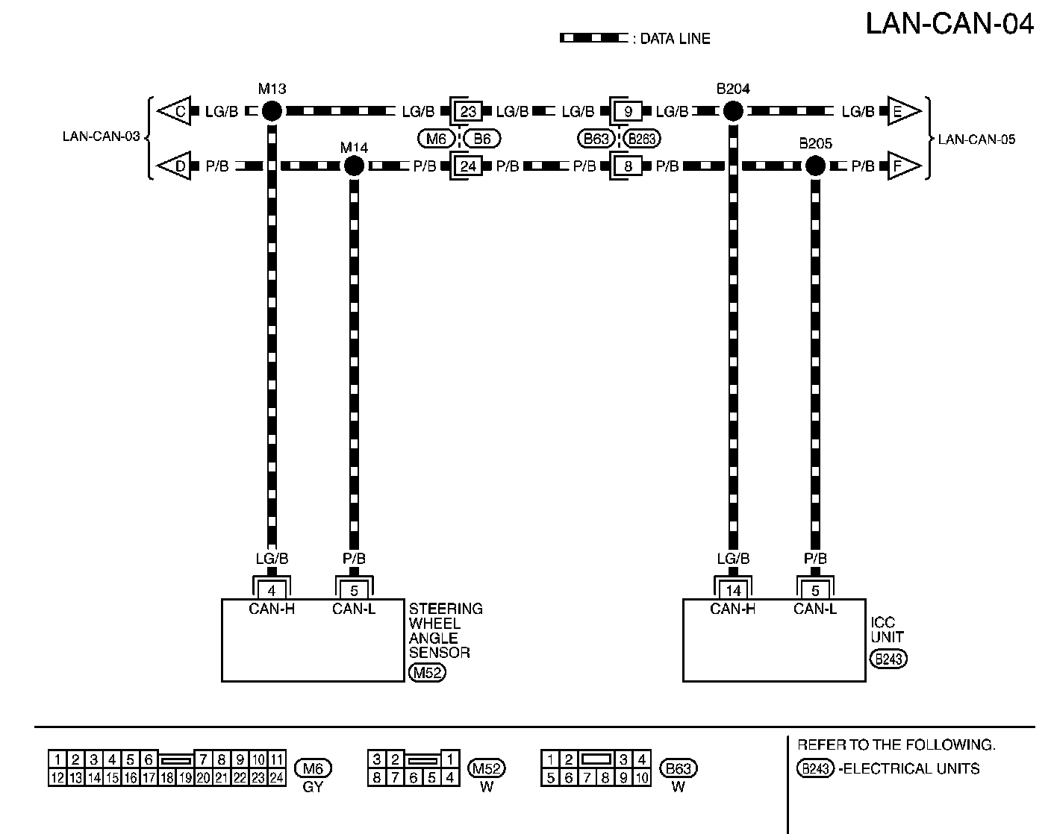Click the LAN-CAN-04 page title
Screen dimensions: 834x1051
coord(949,24)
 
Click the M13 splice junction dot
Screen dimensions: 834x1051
coord(272,112)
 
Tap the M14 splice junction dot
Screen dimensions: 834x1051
coord(354,166)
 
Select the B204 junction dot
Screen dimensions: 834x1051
coord(733,112)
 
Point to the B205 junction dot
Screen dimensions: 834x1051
coord(815,166)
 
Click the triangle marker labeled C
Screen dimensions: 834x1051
coord(175,112)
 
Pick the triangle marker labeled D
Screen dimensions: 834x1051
coord(175,166)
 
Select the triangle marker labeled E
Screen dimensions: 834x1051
coord(902,112)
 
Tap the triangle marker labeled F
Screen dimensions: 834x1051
coord(902,166)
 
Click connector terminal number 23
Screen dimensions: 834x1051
coord(468,112)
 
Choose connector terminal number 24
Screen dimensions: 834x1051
coord(468,166)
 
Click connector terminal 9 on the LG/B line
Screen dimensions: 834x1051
coord(629,112)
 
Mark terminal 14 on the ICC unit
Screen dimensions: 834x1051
coord(733,591)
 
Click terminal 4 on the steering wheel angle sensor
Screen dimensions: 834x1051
coord(272,591)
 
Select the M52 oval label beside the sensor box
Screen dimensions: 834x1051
coord(427,674)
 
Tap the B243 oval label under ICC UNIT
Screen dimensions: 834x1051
coord(888,659)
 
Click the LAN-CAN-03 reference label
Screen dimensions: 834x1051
coord(101,137)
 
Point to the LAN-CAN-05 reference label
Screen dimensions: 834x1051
coord(976,139)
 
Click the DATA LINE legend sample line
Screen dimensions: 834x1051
coord(593,38)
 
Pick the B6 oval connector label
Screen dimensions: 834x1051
coord(482,138)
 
